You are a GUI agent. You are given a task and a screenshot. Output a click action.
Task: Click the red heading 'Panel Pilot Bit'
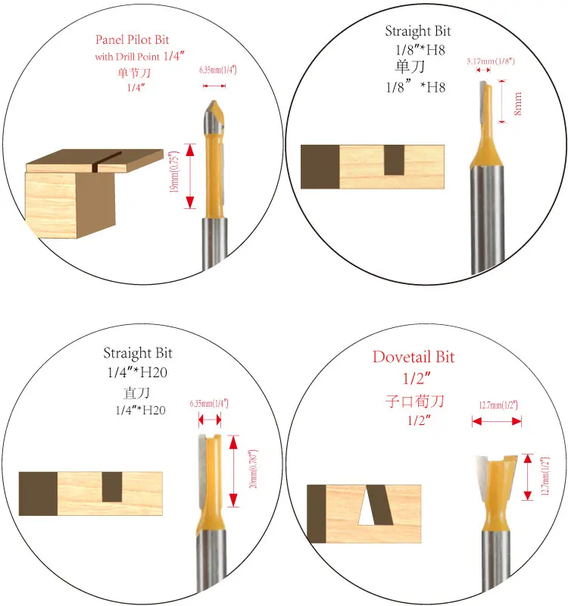[x=132, y=40]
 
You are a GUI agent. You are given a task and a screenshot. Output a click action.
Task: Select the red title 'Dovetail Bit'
[x=414, y=357]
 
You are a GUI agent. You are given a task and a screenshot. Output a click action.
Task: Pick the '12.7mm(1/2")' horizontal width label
[x=497, y=406]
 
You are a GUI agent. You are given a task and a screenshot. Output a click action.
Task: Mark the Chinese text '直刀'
[x=138, y=394]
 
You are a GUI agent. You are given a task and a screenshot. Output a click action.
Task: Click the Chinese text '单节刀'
[x=133, y=73]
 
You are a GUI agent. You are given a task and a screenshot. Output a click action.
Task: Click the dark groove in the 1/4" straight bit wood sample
[x=112, y=486]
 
